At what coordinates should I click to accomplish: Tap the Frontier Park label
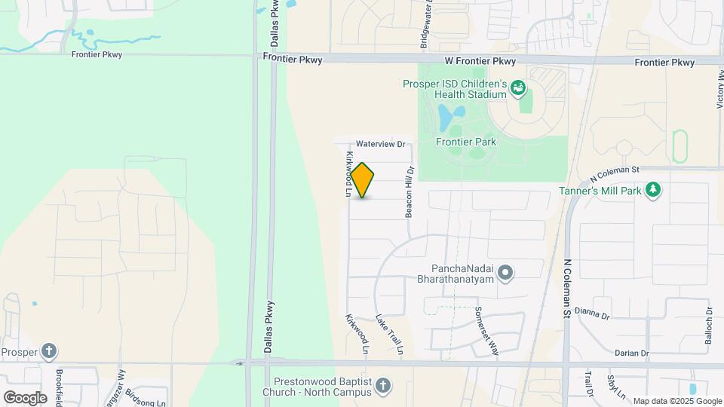465,142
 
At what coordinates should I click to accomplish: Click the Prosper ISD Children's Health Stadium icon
518,89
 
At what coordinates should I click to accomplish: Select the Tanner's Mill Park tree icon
654,191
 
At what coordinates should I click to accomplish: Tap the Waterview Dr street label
381,143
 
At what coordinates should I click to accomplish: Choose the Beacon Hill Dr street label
410,193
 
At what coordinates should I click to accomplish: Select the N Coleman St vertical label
567,288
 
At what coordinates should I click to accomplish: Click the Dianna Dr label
591,312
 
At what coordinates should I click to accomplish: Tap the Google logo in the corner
25,397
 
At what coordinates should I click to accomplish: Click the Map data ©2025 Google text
676,401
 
